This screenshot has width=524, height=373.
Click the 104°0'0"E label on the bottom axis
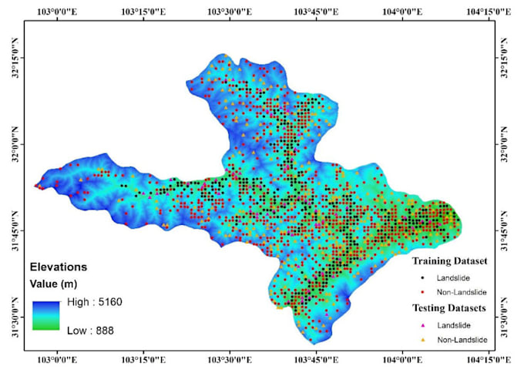tap(404, 361)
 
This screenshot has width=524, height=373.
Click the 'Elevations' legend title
tap(59, 267)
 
